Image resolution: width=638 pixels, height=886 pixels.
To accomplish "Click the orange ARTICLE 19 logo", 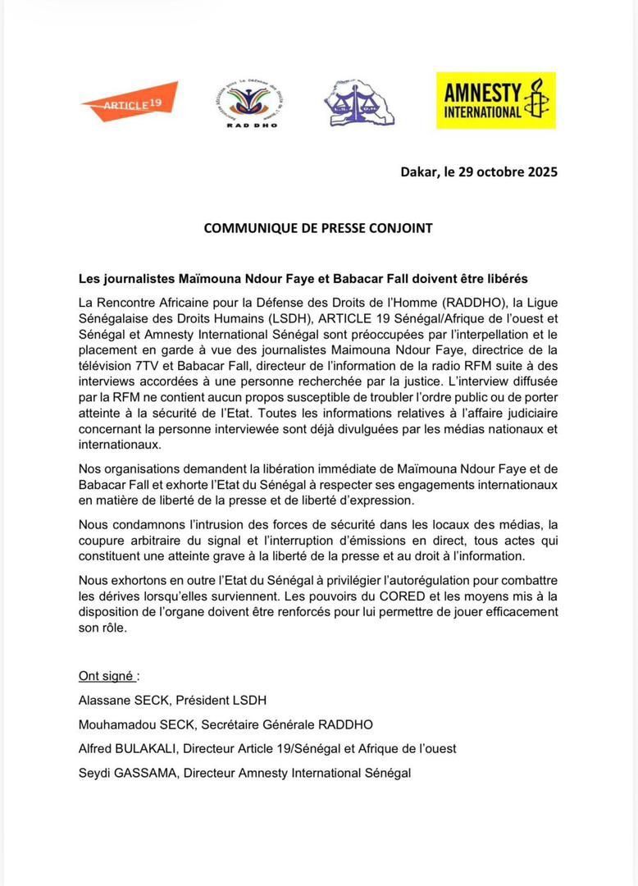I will [130, 102].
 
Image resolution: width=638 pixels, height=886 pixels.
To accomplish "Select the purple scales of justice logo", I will [358, 103].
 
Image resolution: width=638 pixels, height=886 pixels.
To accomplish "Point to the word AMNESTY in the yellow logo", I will [483, 90].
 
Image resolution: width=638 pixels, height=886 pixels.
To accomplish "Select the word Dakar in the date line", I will [419, 171].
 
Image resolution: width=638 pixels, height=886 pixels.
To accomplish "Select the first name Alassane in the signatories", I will [104, 700].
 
